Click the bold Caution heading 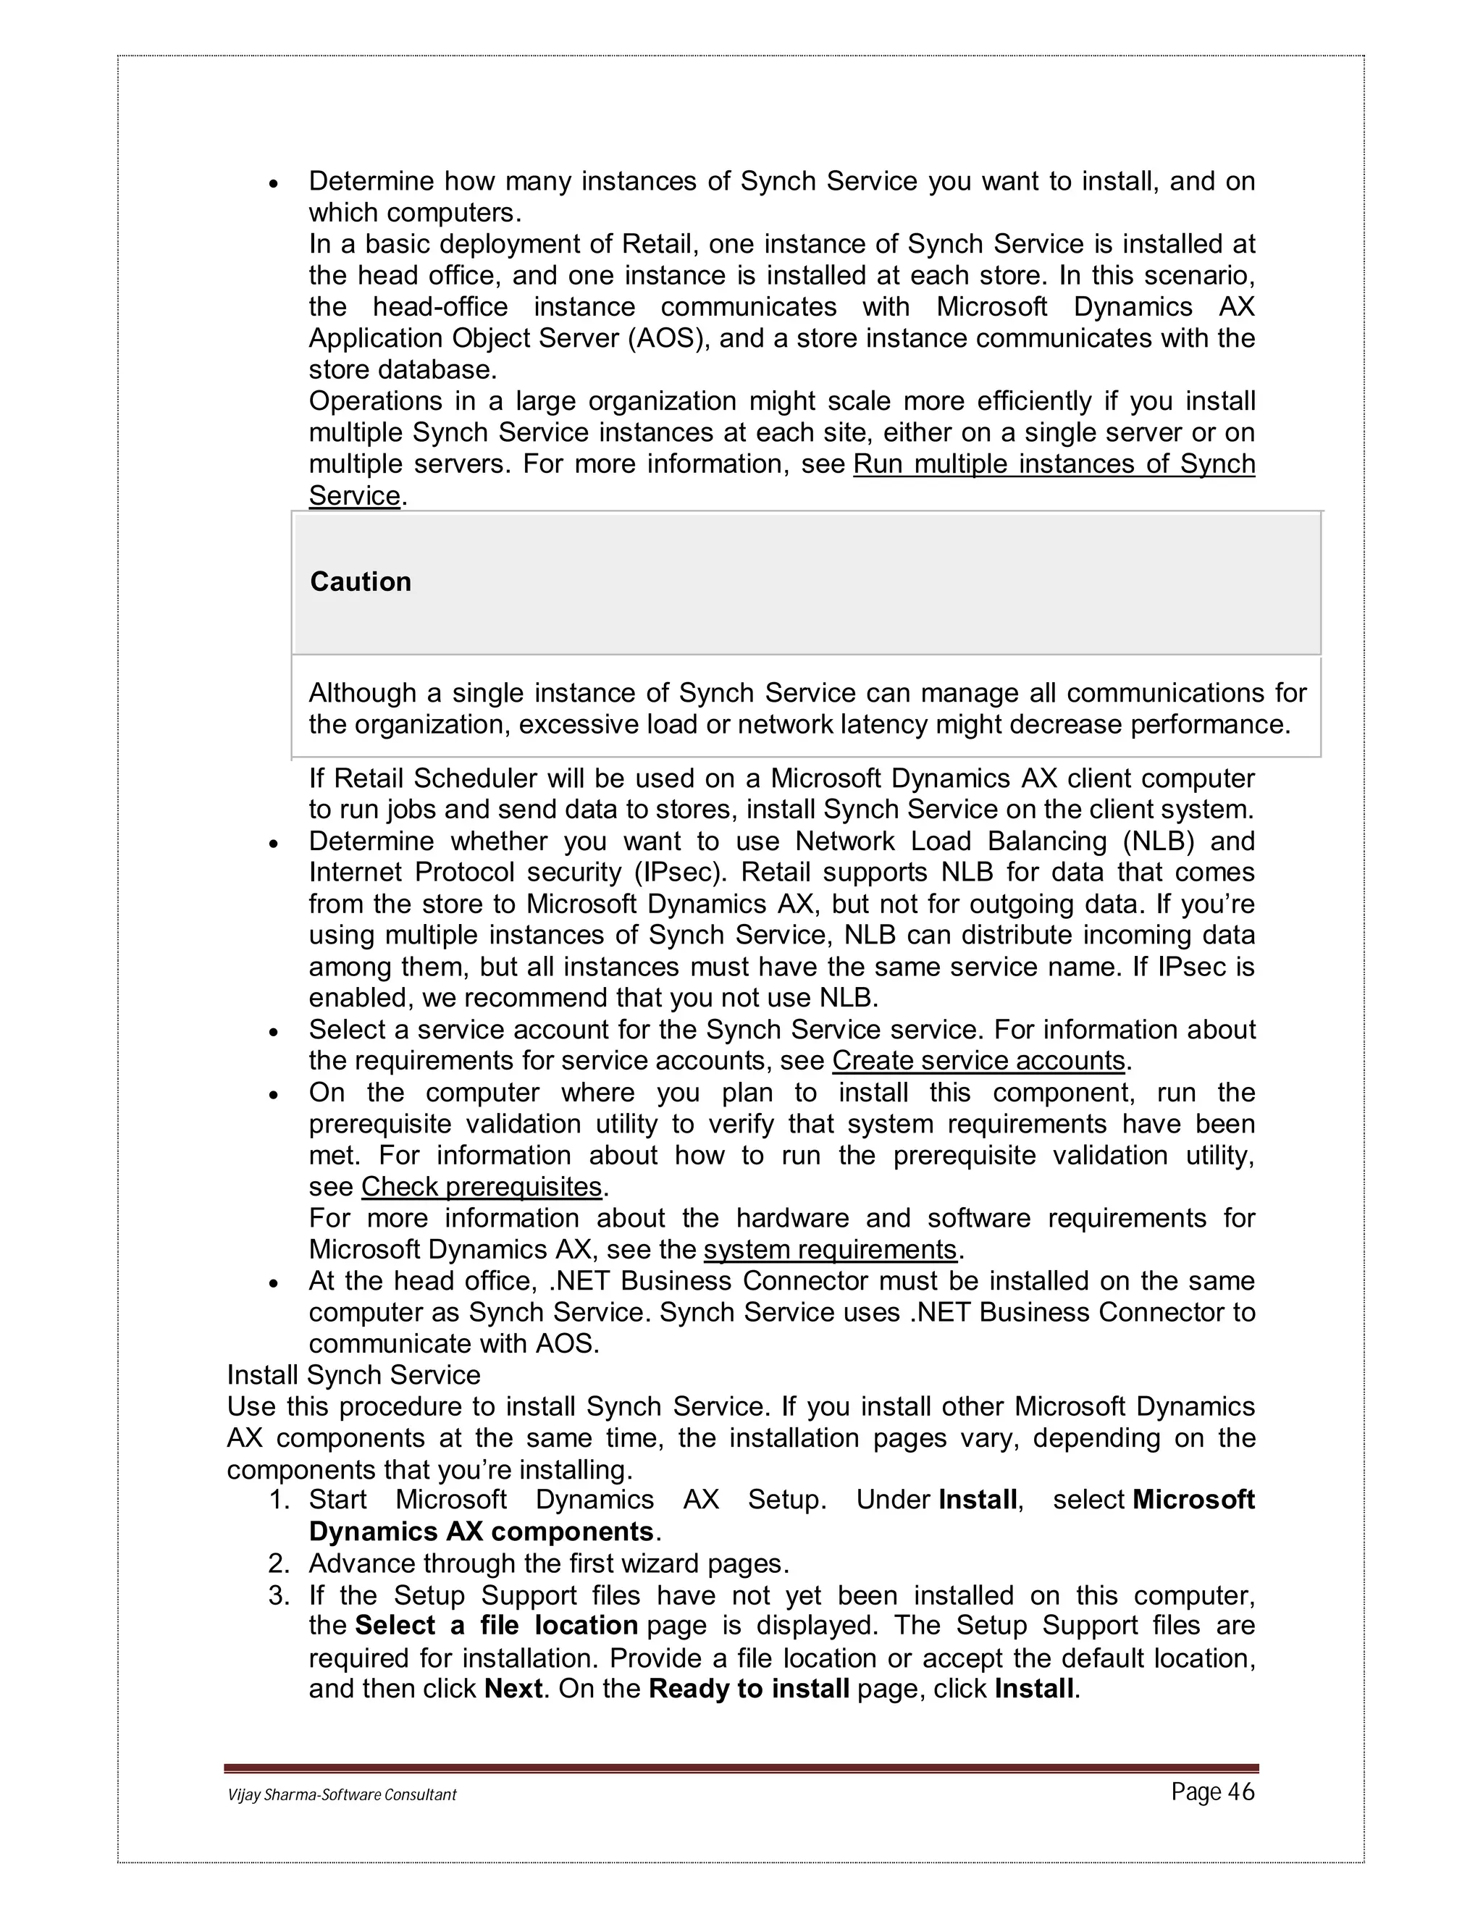[360, 581]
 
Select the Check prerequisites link [482, 1186]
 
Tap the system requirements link [829, 1249]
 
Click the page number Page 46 [1212, 1792]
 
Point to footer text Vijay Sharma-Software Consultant [342, 1794]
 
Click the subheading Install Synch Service [353, 1375]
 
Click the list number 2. [280, 1563]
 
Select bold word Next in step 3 [513, 1689]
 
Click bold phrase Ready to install [749, 1689]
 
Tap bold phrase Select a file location [496, 1626]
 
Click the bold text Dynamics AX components [482, 1532]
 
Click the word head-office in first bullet [440, 306]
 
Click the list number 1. [280, 1500]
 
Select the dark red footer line [741, 1768]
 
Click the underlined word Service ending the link [355, 495]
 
